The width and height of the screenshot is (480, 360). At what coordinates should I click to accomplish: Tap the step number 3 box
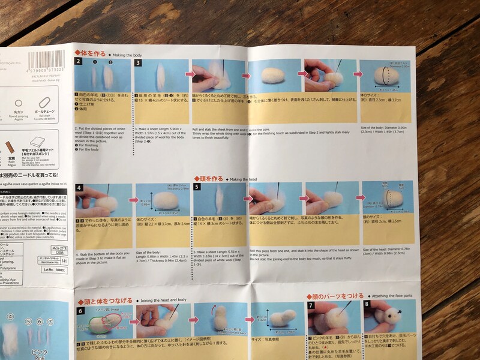(x=137, y=62)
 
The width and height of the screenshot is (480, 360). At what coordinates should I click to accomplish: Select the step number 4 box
(x=79, y=187)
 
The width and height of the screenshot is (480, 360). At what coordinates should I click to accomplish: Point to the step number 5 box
(x=197, y=187)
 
